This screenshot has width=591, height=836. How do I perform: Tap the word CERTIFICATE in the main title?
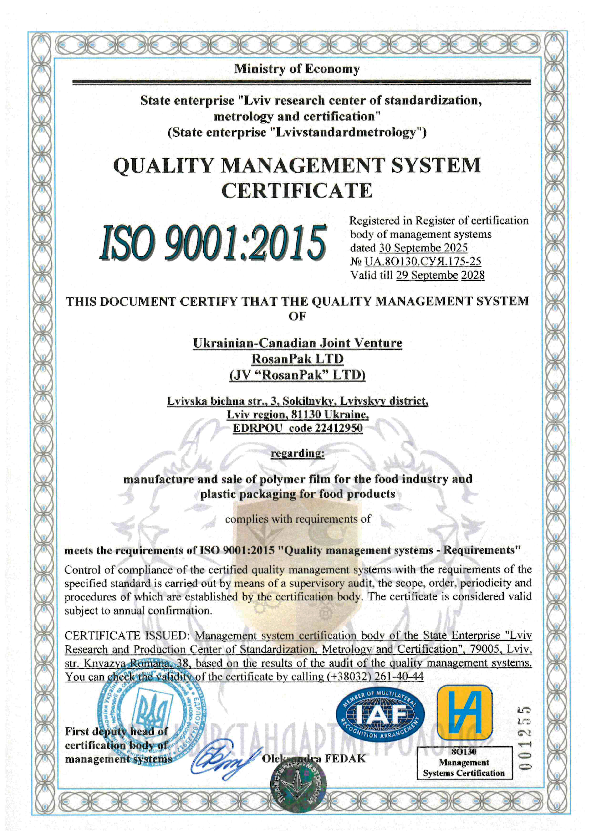(297, 190)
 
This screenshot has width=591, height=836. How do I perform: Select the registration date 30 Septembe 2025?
(423, 248)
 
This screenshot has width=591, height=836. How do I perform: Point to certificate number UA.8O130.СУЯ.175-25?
(423, 262)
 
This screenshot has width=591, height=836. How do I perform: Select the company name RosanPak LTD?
(297, 359)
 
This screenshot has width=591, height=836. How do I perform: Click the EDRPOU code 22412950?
(339, 428)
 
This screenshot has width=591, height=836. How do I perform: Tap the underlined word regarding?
(298, 453)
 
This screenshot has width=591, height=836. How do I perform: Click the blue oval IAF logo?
(380, 715)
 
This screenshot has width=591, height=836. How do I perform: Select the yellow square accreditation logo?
(465, 713)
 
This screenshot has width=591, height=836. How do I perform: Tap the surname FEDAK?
(345, 759)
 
